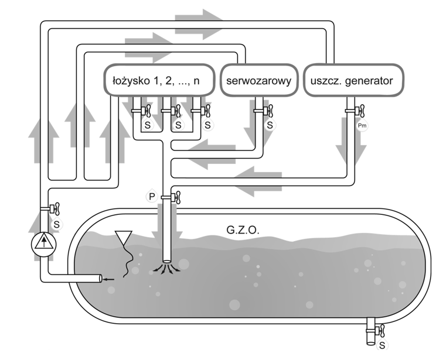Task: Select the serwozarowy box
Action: click(x=259, y=80)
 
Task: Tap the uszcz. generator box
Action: click(x=355, y=80)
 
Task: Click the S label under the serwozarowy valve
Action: click(x=270, y=125)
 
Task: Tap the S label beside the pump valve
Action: click(x=56, y=224)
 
